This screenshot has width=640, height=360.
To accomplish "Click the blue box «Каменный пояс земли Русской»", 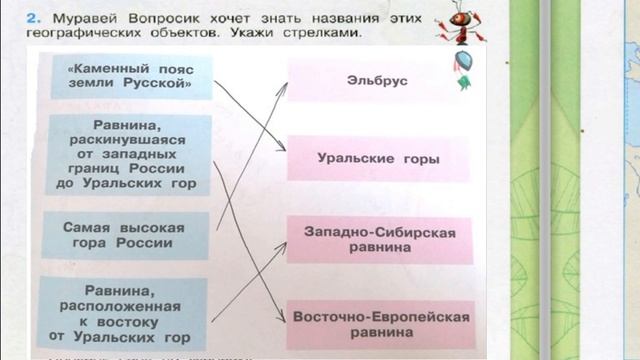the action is coord(127,76).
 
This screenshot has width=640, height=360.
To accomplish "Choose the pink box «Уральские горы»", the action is coord(378,158).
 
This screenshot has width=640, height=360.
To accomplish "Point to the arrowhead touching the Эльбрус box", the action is coord(284,86).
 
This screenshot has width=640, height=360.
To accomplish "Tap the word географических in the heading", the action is coord(85,34).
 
